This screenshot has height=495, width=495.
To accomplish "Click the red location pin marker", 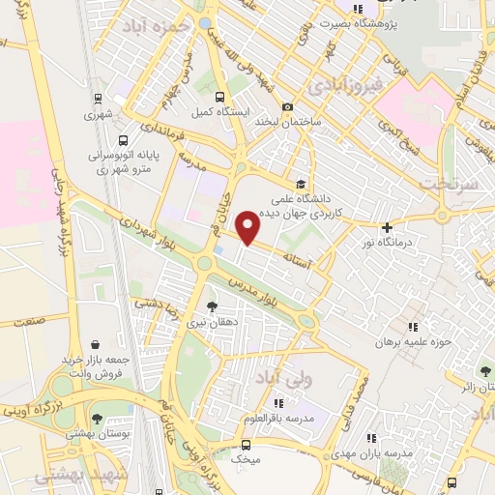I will point(249,226).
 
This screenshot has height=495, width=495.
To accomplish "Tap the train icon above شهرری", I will point(98,98).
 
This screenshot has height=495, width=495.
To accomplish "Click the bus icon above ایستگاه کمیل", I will point(220,97).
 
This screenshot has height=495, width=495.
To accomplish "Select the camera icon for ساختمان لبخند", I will point(287,106).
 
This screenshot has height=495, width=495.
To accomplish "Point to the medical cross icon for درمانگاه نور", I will point(387,228).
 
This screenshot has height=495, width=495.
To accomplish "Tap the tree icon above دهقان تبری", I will point(213,306).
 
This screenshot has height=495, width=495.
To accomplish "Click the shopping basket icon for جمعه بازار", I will point(95,343).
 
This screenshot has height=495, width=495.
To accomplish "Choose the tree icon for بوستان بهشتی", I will point(97,419).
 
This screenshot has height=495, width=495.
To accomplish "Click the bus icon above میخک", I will point(246,445).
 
